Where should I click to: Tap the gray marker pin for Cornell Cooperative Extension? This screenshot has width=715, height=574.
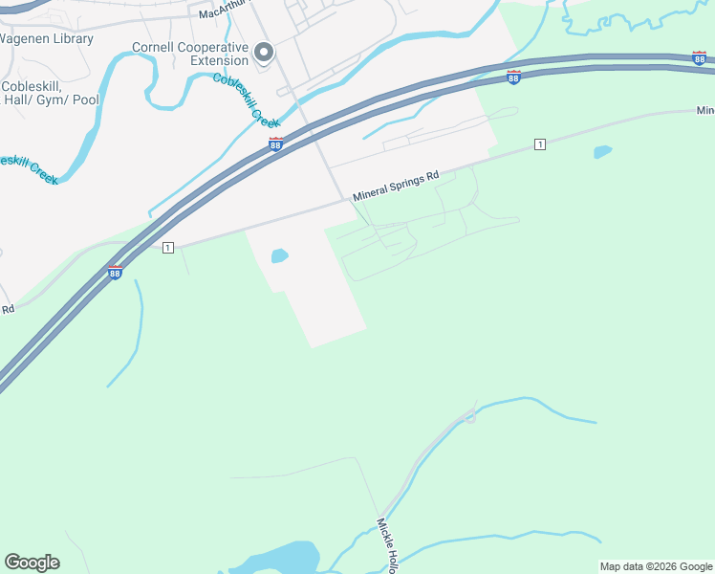click(265, 53)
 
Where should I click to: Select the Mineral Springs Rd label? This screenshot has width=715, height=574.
click(396, 186)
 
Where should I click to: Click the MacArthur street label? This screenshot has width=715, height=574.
click(223, 11)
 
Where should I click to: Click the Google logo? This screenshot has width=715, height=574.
click(32, 563)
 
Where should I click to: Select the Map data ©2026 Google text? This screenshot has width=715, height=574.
click(655, 566)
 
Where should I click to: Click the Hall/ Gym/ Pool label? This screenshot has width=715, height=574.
click(50, 99)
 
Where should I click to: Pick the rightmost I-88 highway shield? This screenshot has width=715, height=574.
click(700, 58)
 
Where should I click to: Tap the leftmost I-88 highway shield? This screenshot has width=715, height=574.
click(115, 273)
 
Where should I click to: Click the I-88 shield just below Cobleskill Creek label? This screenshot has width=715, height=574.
click(275, 144)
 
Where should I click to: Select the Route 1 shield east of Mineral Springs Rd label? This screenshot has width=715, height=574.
click(540, 144)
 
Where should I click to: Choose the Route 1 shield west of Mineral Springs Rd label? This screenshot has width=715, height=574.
click(168, 248)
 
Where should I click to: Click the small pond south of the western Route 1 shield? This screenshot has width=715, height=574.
click(279, 255)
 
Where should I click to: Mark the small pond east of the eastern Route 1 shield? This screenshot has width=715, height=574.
click(602, 152)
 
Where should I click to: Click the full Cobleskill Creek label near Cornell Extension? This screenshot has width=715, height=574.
click(246, 100)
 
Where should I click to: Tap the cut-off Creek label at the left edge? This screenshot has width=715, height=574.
click(29, 168)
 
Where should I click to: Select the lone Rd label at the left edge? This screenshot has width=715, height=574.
click(8, 309)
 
